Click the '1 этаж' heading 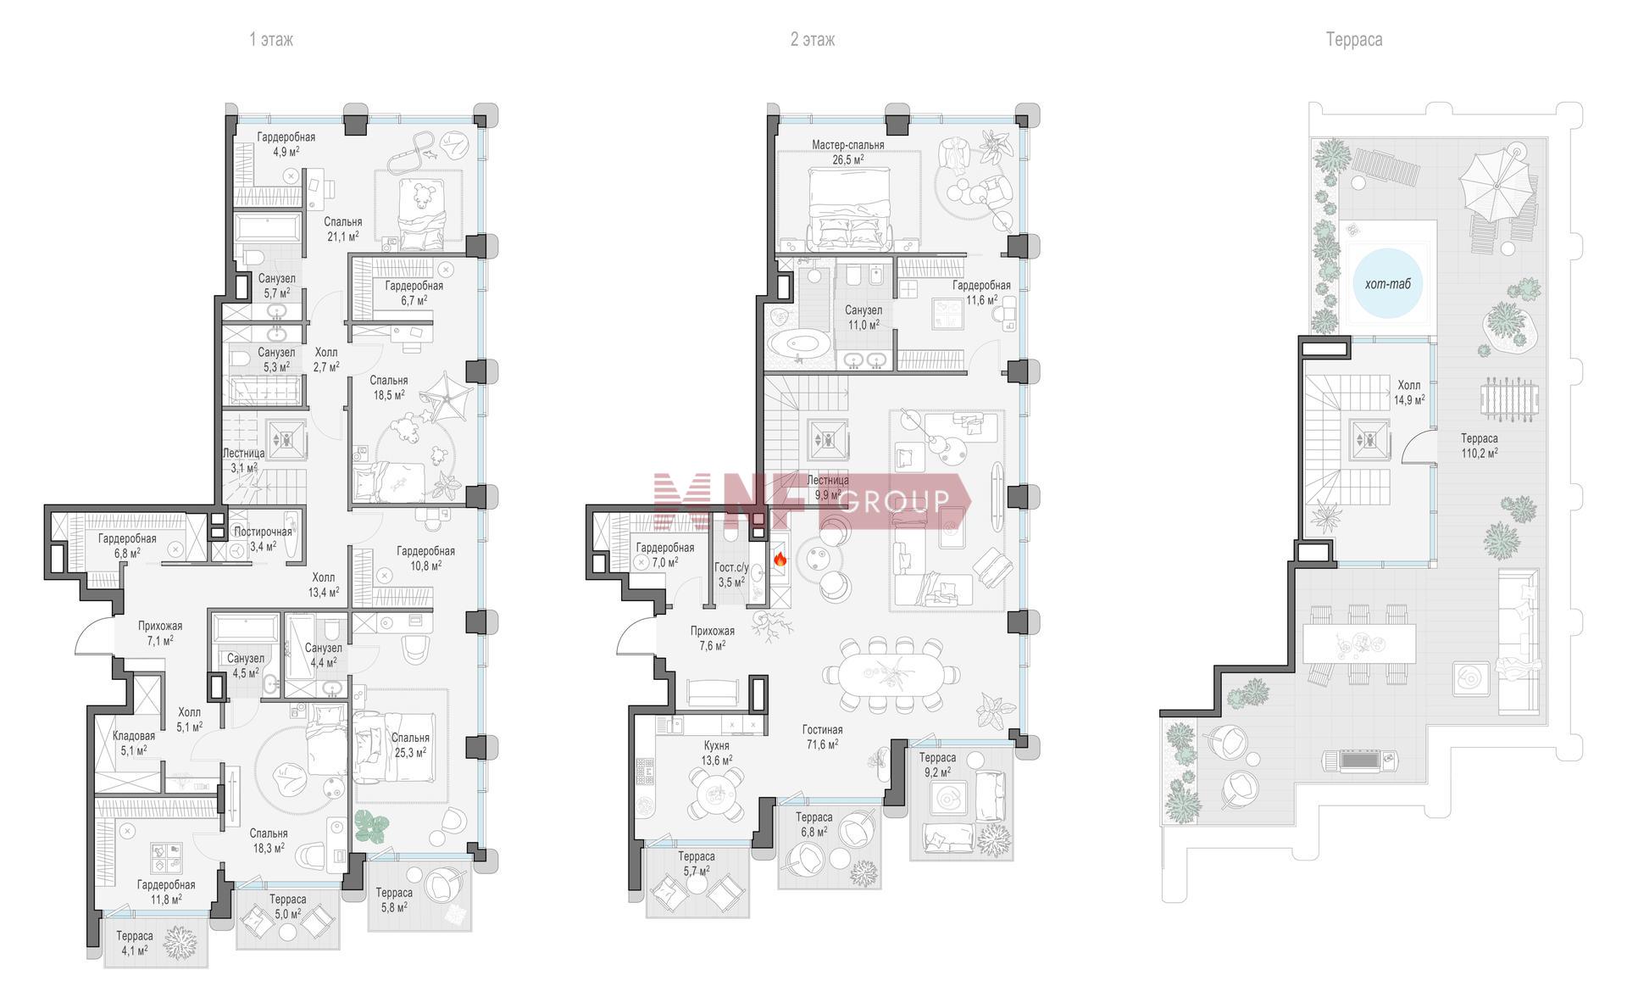[271, 39]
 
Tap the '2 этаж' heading [813, 39]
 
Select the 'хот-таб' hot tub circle [1387, 284]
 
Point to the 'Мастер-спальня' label [847, 145]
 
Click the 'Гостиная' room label [822, 730]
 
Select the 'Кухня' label [716, 746]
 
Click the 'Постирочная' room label [263, 532]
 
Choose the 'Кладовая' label [134, 736]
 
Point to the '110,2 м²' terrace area [1479, 453]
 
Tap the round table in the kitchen [714, 794]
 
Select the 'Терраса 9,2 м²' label [937, 765]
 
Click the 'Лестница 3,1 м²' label [243, 460]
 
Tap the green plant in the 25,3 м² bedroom [370, 827]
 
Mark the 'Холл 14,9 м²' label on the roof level [1409, 392]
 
